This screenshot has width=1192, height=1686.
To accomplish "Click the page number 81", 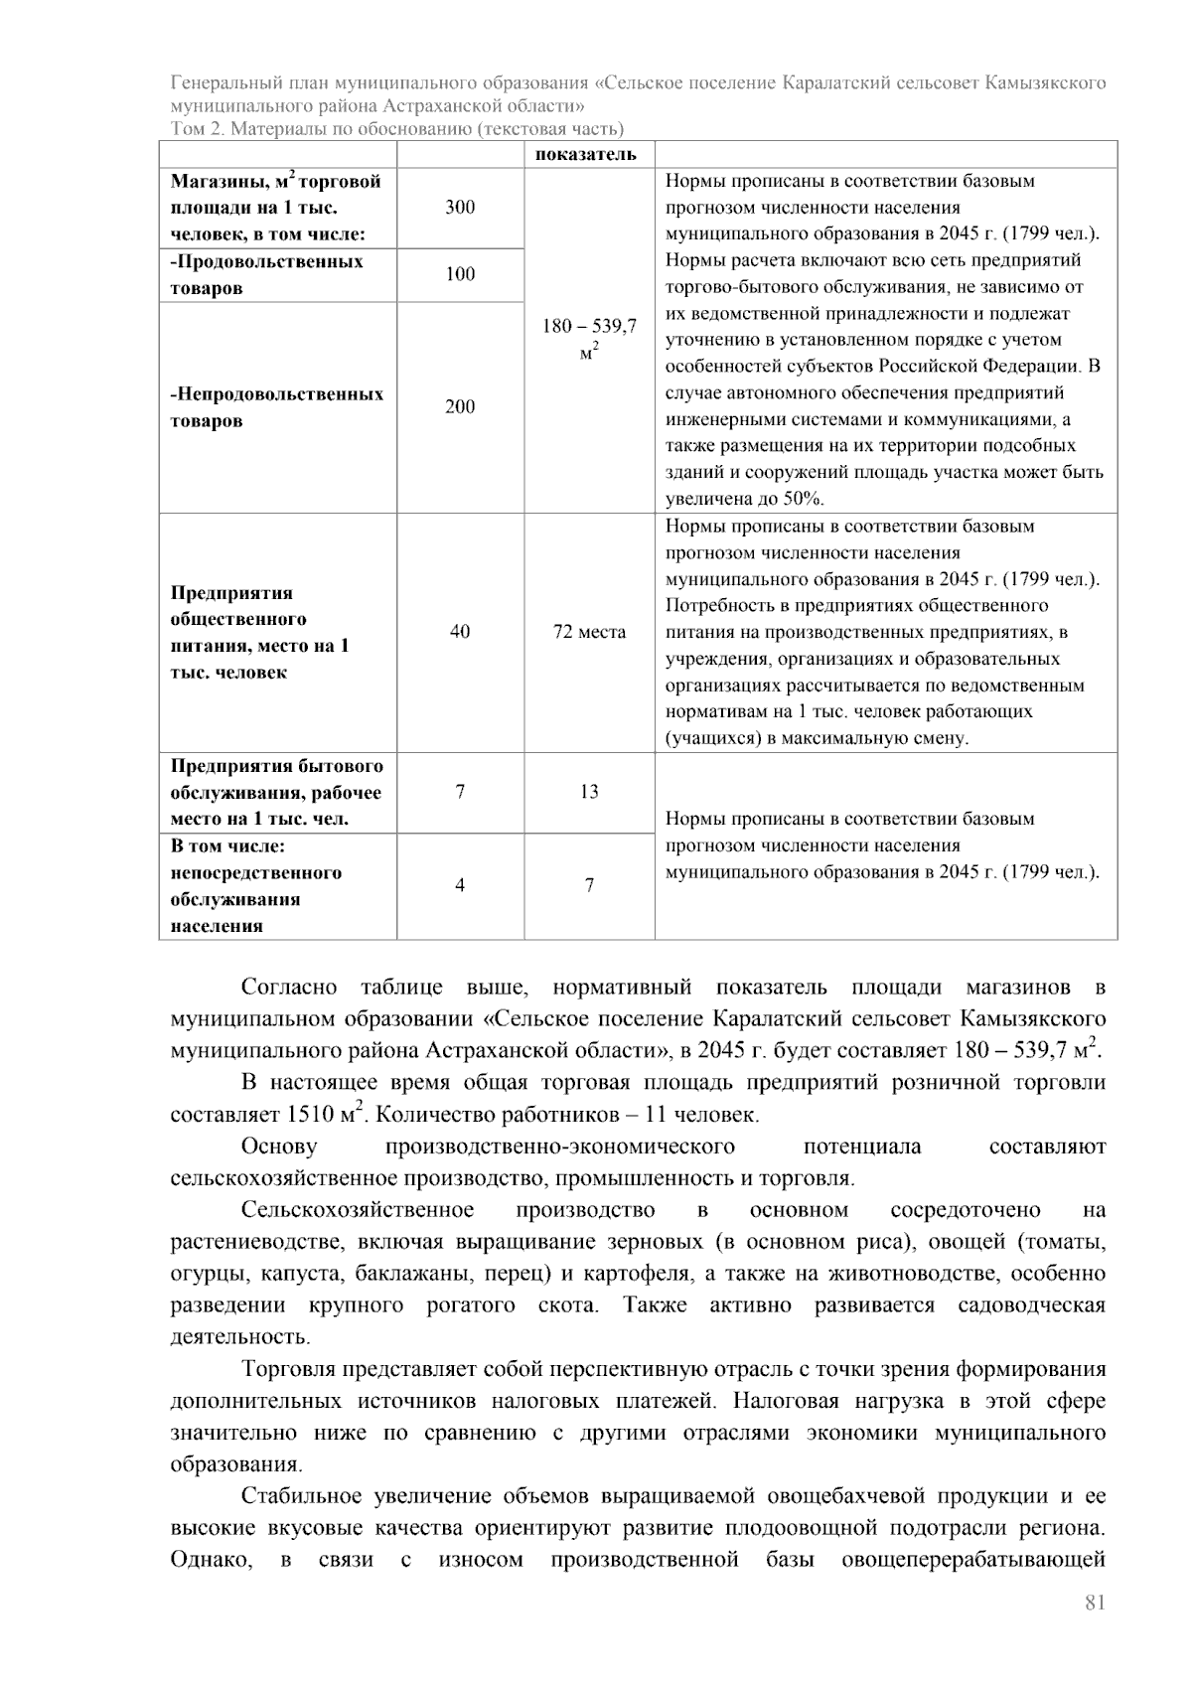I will pyautogui.click(x=1095, y=1602).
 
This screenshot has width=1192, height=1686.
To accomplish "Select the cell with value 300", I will pyautogui.click(x=460, y=208).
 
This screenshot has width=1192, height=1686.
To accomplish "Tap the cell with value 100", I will pyautogui.click(x=460, y=274).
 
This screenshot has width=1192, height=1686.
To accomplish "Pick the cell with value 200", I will pyautogui.click(x=460, y=406).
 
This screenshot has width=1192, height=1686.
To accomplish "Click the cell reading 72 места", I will pyautogui.click(x=589, y=632).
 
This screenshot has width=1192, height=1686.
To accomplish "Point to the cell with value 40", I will pyautogui.click(x=460, y=632).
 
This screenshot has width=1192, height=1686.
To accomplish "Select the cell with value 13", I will pyautogui.click(x=589, y=792).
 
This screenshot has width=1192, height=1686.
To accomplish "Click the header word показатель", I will pyautogui.click(x=586, y=154).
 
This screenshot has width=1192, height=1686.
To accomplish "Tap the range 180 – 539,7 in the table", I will pyautogui.click(x=589, y=326).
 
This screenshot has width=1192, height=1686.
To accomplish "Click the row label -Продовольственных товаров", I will pyautogui.click(x=266, y=274).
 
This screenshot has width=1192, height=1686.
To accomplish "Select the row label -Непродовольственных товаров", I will pyautogui.click(x=276, y=406).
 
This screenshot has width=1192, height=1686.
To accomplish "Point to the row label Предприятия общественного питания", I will pyautogui.click(x=260, y=632).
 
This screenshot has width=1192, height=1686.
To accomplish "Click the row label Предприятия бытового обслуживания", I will pyautogui.click(x=276, y=792).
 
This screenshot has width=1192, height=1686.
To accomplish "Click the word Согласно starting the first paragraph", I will pyautogui.click(x=288, y=988).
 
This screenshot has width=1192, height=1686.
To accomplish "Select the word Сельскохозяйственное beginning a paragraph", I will pyautogui.click(x=357, y=1210).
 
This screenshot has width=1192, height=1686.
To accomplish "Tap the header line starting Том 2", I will pyautogui.click(x=396, y=128).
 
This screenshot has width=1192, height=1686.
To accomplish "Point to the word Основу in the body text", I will pyautogui.click(x=279, y=1147).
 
